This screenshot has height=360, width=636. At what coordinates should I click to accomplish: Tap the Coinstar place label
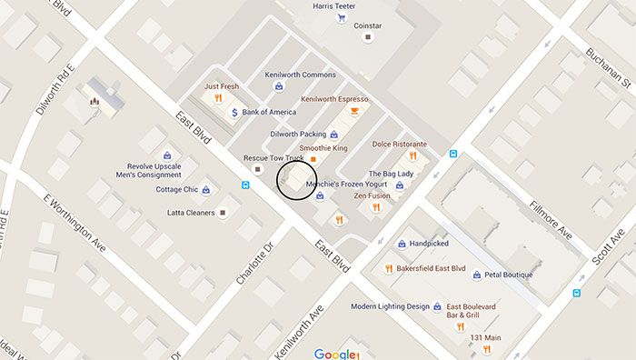[367, 25]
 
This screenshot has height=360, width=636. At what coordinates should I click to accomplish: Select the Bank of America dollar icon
[234, 113]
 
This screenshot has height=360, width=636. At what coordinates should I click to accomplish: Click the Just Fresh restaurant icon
[218, 98]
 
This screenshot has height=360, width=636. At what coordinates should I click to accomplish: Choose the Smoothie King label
[323, 147]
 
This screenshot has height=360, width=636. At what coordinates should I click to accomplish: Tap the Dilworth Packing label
[297, 135]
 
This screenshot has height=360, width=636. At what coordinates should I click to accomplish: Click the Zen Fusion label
[372, 195]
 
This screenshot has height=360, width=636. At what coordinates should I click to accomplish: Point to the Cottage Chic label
[176, 190]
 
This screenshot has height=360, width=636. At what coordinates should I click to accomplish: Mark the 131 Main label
[486, 338]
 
